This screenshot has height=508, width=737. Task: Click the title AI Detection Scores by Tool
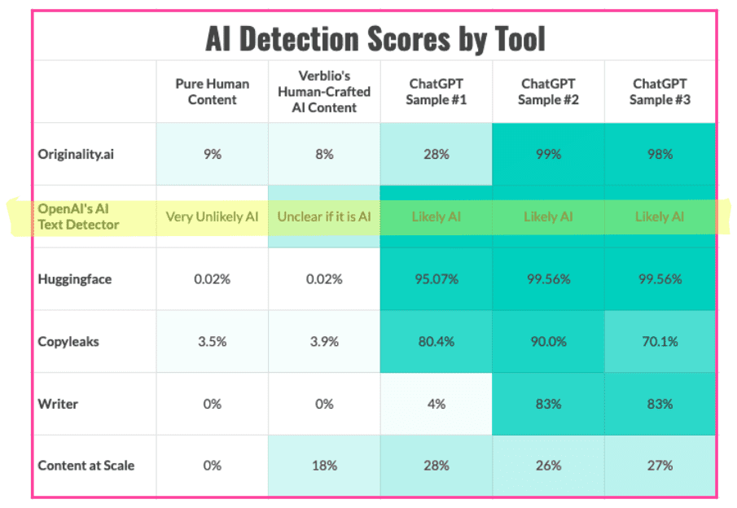(375, 38)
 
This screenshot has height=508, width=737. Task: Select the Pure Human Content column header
(212, 92)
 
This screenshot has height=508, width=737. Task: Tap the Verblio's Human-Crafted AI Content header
(323, 92)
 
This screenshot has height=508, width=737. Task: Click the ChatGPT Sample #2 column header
(548, 92)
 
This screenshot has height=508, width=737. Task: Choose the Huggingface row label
(74, 279)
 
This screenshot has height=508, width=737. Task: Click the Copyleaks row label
(68, 341)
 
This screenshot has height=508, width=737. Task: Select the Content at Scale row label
(86, 466)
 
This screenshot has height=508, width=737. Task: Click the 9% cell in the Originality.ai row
(212, 154)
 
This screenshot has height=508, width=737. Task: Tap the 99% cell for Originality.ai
(548, 154)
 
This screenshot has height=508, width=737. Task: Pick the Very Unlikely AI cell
(212, 217)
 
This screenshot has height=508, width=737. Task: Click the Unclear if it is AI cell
(323, 217)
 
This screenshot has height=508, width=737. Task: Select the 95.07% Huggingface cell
(436, 279)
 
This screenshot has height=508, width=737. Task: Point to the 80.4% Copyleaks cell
(436, 341)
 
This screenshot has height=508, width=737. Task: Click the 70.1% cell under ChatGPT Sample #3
(660, 341)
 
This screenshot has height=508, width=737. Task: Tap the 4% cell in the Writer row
(436, 403)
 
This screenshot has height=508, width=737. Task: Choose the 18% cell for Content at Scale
(323, 466)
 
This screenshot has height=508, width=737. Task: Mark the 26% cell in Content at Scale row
(548, 466)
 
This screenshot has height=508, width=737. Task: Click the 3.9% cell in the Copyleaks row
(323, 341)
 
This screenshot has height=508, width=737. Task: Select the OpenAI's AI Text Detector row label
(78, 217)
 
